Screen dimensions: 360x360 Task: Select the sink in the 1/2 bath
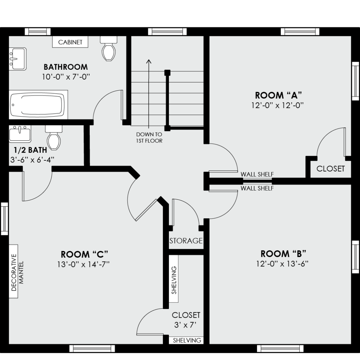click(20, 134)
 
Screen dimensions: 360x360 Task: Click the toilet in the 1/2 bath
click(54, 137)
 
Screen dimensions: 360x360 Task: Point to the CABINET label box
click(70, 42)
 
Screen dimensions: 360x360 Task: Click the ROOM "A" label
click(278, 95)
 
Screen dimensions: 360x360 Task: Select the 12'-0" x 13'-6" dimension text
click(282, 264)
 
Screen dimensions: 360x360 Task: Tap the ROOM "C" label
click(84, 254)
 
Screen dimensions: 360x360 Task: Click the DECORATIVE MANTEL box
click(13, 271)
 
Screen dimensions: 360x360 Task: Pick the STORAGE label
click(186, 241)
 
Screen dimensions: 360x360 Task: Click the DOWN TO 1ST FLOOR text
click(149, 137)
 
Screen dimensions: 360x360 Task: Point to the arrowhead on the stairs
click(149, 61)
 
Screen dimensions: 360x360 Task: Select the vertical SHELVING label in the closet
click(174, 280)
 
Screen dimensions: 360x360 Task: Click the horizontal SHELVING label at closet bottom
click(187, 340)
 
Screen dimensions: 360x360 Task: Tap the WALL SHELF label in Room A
click(257, 174)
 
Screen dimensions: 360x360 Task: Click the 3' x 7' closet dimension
click(186, 325)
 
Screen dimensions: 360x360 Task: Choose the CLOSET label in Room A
click(331, 169)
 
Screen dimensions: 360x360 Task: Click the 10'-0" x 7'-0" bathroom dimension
click(66, 77)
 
